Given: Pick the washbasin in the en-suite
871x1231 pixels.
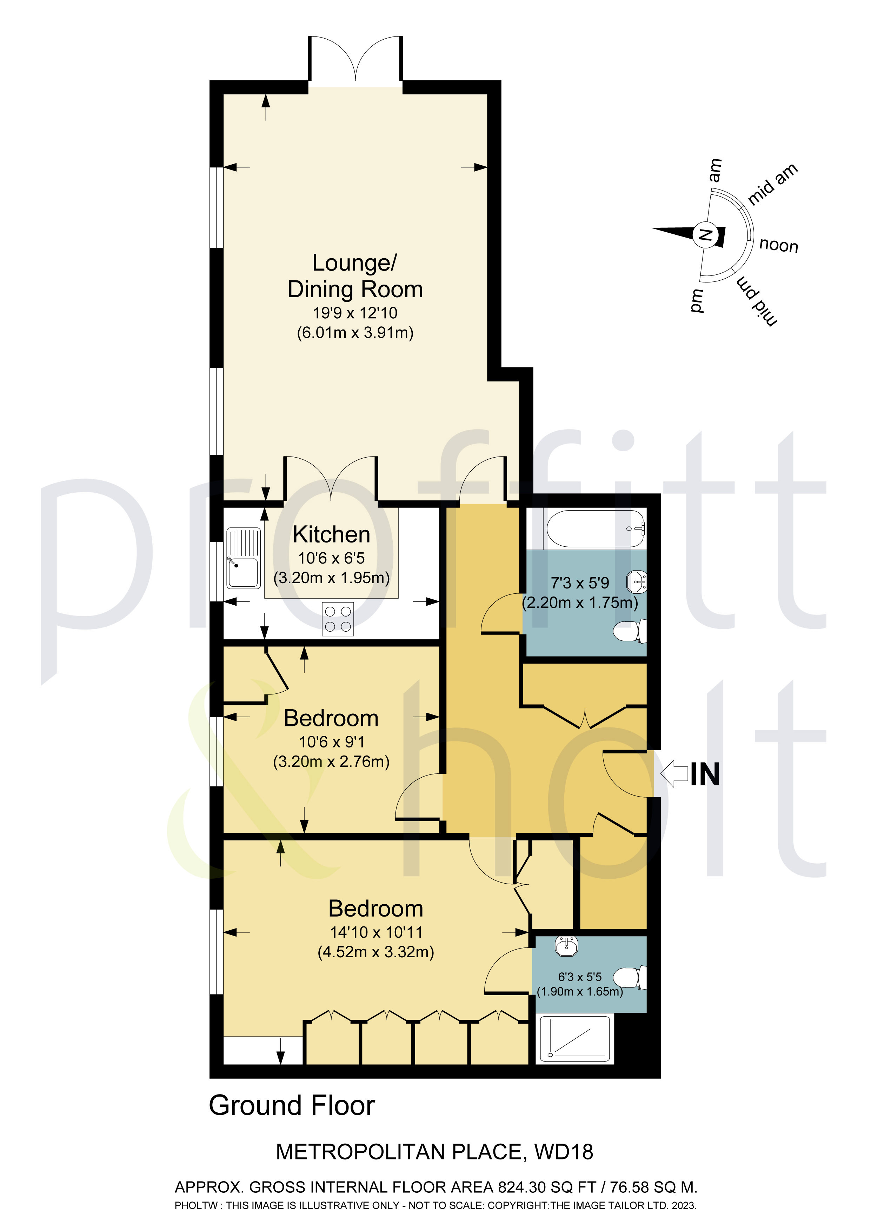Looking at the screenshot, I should coord(566,946).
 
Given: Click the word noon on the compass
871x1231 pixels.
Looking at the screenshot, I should coord(779,246).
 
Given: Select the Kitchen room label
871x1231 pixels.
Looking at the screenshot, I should coord(332,534).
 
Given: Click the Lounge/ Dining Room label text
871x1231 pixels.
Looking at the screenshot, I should coord(355,276).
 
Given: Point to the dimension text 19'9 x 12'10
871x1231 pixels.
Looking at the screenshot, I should coord(355,313).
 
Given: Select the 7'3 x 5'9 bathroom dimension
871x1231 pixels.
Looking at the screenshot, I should coord(580,583).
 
